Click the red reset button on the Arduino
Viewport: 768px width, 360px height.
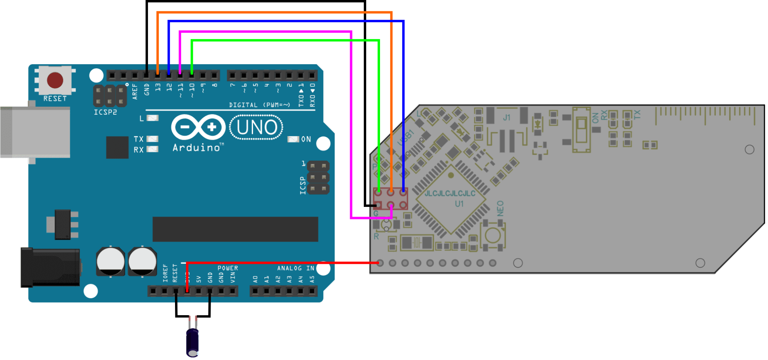coord(55,80)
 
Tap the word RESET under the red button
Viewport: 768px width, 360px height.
coord(55,99)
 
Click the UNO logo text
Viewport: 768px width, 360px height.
coord(256,128)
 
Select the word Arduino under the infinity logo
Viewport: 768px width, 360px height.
coord(196,148)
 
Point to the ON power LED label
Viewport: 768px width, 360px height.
coord(306,139)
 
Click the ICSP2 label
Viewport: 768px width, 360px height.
coord(105,112)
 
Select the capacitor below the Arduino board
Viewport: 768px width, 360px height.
coord(193,341)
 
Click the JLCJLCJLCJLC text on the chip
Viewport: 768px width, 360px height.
coord(450,194)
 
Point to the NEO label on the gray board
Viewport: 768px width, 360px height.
coord(500,208)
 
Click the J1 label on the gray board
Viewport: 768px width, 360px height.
coord(506,118)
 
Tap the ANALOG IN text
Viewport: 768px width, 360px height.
coord(295,268)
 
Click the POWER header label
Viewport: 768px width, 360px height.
coord(228,268)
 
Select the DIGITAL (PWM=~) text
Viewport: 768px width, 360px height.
coord(260,105)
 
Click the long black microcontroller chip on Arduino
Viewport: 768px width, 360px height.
coord(235,229)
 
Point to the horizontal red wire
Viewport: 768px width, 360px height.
coord(283,263)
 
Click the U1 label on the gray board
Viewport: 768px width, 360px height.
coord(459,204)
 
